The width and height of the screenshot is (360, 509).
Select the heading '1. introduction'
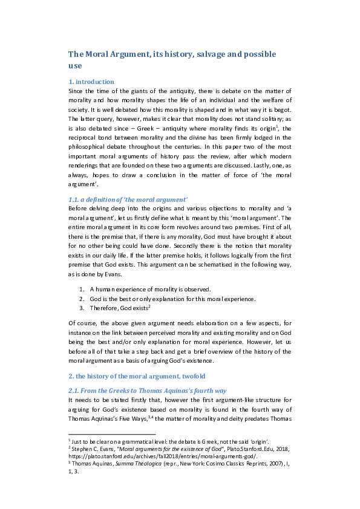click(90, 82)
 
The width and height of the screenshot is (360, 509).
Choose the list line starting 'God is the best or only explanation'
click(164, 299)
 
